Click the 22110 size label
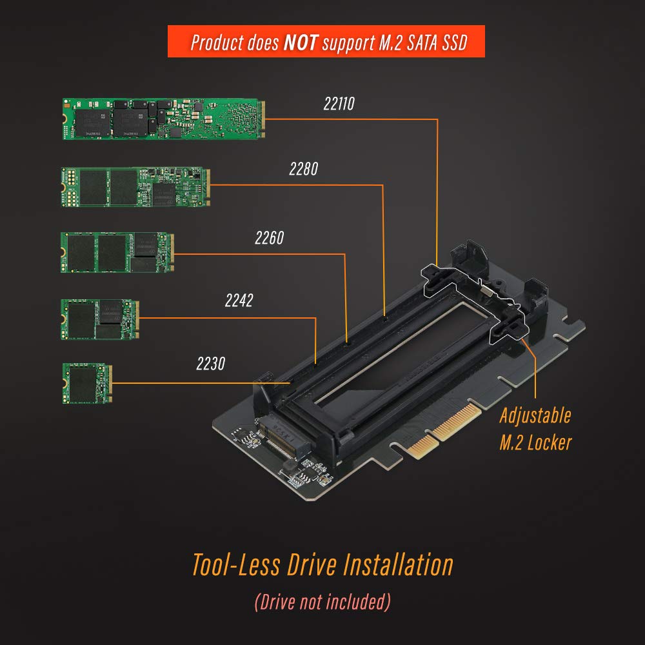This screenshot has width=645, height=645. tap(339, 104)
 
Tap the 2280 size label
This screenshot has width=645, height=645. tap(303, 170)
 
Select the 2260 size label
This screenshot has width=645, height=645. tap(269, 239)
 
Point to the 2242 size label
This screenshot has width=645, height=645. tap(239, 301)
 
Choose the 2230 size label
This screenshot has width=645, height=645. tap(210, 364)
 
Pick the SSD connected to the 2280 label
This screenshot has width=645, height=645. tap(135, 186)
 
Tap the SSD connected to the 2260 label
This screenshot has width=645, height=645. tap(117, 252)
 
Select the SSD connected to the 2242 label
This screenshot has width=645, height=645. tap(99, 319)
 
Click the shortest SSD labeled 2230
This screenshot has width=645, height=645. tap(87, 383)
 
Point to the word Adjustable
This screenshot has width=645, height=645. tap(535, 415)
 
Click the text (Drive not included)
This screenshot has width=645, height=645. tap(322, 602)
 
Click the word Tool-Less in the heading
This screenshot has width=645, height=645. tap(236, 565)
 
